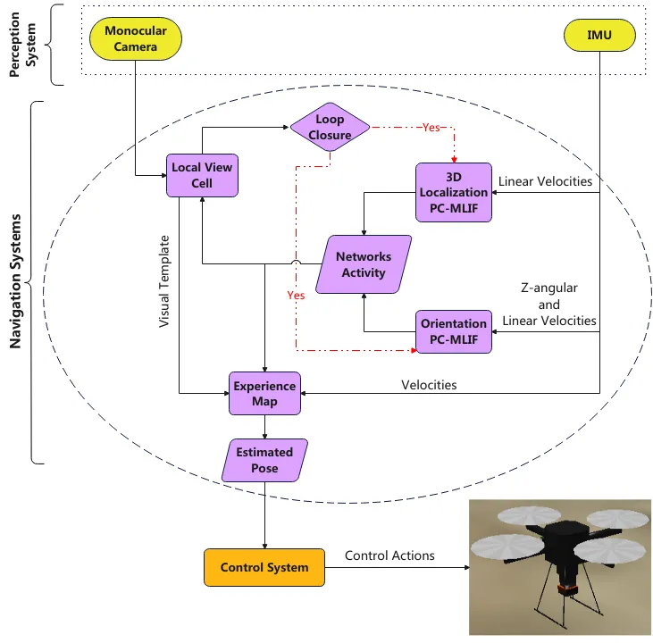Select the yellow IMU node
[599, 37]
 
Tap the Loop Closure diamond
[330, 129]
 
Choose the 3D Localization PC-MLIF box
[454, 191]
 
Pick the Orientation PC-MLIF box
[454, 331]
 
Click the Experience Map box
[264, 394]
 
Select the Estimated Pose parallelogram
[264, 460]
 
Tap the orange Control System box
[264, 567]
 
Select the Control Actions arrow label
[389, 555]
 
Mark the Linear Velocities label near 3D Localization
[545, 181]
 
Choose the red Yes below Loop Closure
[295, 294]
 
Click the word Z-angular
[548, 288]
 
